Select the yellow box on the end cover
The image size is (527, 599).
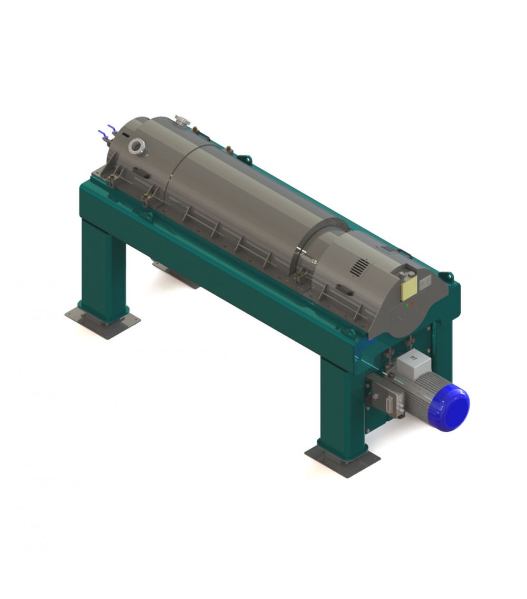point(409,287)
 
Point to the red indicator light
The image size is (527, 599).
point(412,304)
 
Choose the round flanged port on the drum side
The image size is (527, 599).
point(138,146)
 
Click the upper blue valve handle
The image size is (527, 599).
point(111,128)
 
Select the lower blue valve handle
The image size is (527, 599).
point(101,133)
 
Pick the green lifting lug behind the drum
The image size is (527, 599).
point(245,158)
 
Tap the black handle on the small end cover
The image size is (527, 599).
point(345,289)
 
